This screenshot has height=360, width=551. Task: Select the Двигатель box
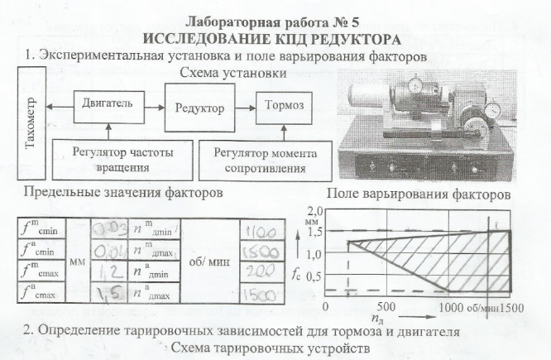[x=108, y=105]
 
